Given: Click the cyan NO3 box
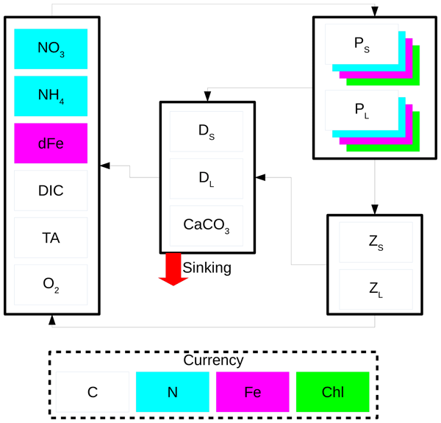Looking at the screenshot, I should pyautogui.click(x=51, y=49).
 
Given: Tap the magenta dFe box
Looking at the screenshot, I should pyautogui.click(x=51, y=143).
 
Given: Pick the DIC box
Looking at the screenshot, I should pyautogui.click(x=51, y=191).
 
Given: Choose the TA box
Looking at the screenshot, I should pyautogui.click(x=51, y=238).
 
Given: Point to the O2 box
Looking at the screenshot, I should pyautogui.click(x=51, y=285).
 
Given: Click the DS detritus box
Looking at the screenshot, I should pyautogui.click(x=207, y=132).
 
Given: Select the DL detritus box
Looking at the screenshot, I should pyautogui.click(x=207, y=179).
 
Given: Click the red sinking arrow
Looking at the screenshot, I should pyautogui.click(x=173, y=269).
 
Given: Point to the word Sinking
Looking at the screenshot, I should pyautogui.click(x=207, y=268).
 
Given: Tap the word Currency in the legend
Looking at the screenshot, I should pyautogui.click(x=213, y=360).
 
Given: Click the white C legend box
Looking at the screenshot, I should pyautogui.click(x=93, y=392).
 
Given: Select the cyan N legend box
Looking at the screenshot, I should pyautogui.click(x=173, y=392).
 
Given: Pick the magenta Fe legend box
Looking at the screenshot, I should pyautogui.click(x=253, y=392).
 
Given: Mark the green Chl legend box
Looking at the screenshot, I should pyautogui.click(x=333, y=392).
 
